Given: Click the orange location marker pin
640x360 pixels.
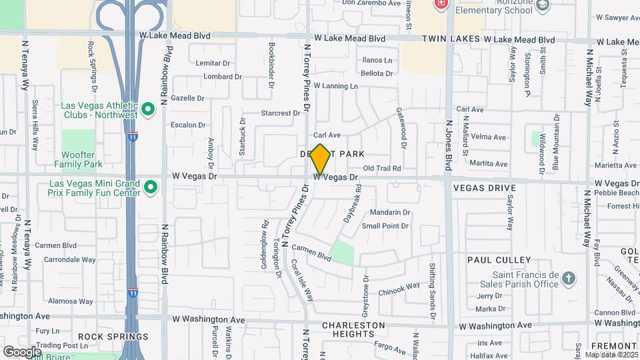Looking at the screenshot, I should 321,159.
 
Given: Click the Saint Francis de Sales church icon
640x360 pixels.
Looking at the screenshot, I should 568,277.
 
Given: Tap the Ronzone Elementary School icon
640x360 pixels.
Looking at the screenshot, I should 543,5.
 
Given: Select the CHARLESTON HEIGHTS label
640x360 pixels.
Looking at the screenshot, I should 353,329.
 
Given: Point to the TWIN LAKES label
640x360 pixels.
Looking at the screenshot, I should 451,40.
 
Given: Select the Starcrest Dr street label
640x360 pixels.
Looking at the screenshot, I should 280,113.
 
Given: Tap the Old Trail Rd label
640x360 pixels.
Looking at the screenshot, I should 383,169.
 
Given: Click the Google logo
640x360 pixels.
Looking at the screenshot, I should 22,351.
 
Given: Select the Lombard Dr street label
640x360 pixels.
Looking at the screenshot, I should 223,77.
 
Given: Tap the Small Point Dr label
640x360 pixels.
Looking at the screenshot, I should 385,226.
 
